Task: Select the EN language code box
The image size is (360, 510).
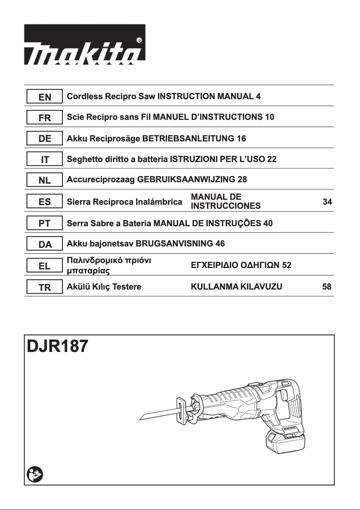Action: [x=44, y=97]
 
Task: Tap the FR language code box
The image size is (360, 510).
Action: [x=44, y=118]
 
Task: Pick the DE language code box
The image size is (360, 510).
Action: [x=44, y=139]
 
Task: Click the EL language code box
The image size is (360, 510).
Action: [x=44, y=266]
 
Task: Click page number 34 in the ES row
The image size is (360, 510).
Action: [x=327, y=202]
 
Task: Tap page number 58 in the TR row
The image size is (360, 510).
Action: [x=327, y=287]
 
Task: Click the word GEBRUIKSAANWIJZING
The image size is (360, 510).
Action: [x=186, y=180]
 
